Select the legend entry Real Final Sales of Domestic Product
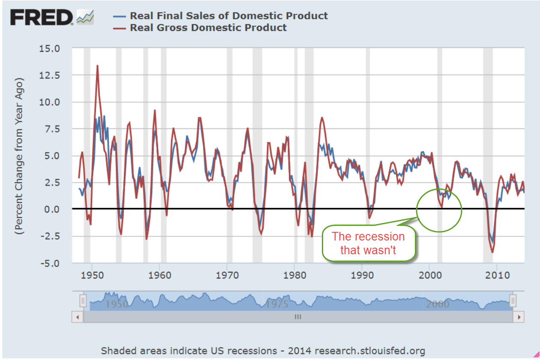coord(229,16)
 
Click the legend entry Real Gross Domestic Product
coord(208,27)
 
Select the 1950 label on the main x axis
coord(92,274)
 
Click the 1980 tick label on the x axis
coord(294,274)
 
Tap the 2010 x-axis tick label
coord(497,274)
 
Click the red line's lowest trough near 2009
coord(493,252)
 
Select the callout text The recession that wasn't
coord(368,243)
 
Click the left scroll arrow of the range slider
coord(78,317)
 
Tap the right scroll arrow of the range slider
coord(519,317)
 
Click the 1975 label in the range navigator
coord(276,304)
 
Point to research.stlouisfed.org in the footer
coord(370,351)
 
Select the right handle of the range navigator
coord(512,300)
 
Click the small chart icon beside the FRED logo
coord(85,17)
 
